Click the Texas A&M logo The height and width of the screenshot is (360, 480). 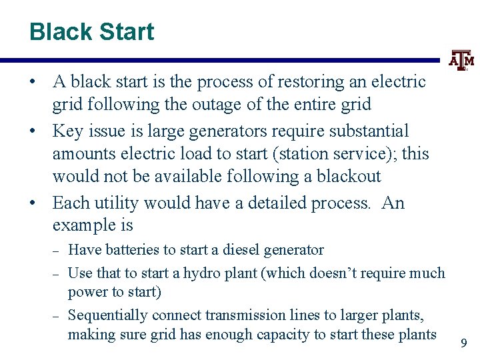[x=461, y=61]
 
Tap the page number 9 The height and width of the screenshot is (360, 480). [x=464, y=344]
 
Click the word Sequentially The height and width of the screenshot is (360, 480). [x=108, y=315]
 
